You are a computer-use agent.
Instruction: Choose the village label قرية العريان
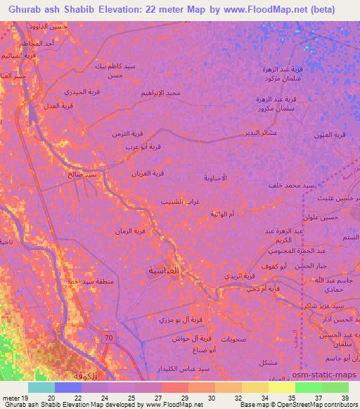click(148, 172)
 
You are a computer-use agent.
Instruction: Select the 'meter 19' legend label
click(16, 398)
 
